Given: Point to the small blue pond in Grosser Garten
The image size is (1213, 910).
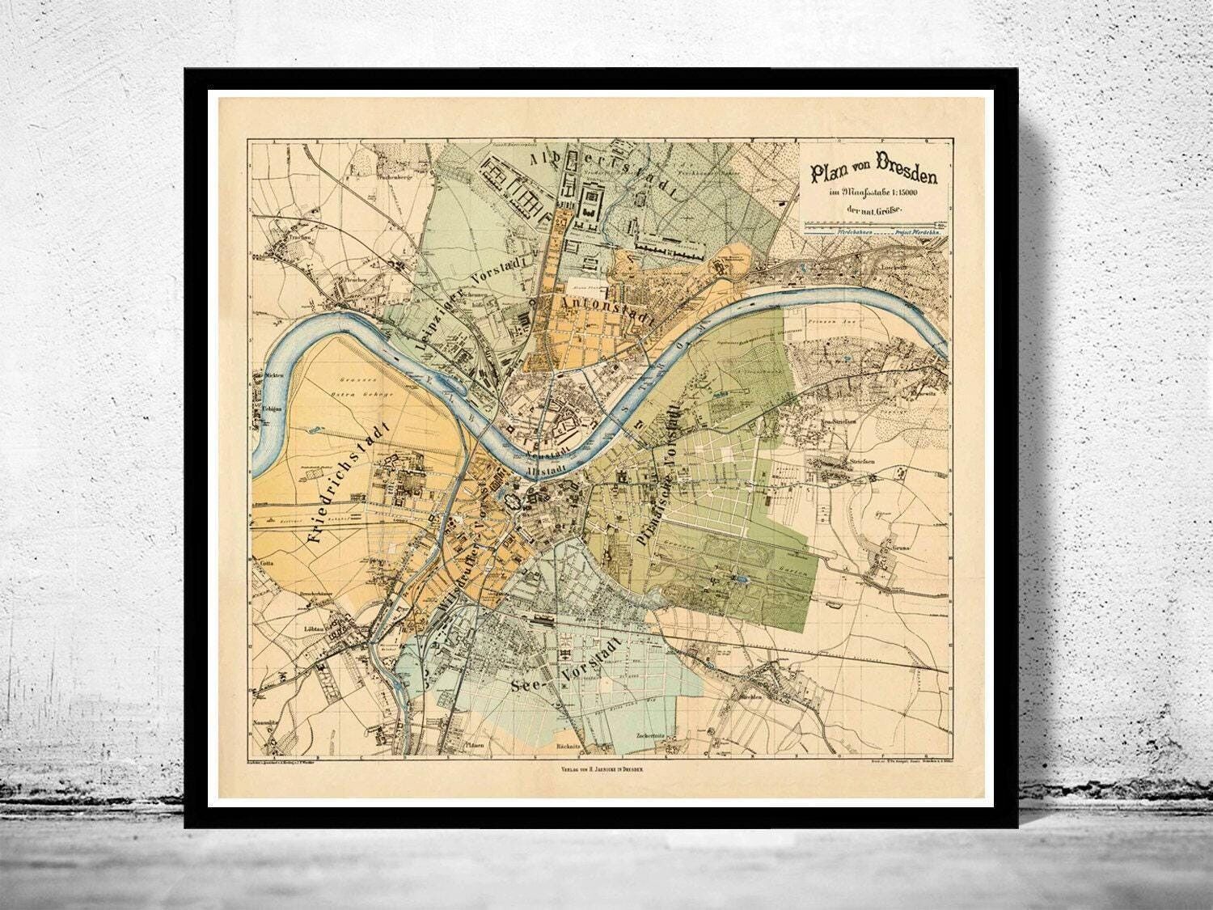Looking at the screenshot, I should coord(742,579).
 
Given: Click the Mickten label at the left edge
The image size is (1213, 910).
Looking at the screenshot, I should coord(270,376).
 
